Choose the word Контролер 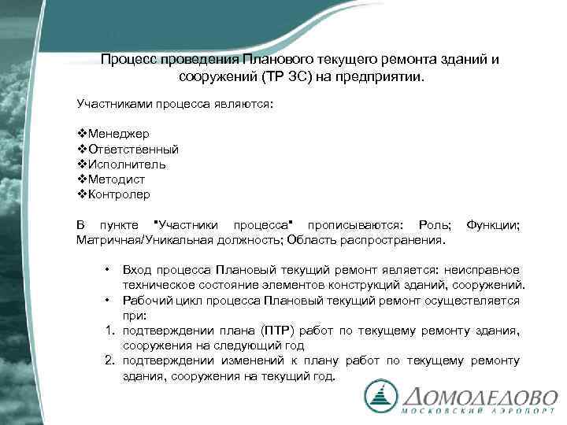(x=120, y=194)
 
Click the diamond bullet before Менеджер (x=82, y=134)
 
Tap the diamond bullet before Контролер (x=82, y=194)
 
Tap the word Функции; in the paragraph (x=493, y=225)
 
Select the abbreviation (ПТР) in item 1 (x=294, y=331)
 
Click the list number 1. (x=109, y=331)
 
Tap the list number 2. (x=109, y=360)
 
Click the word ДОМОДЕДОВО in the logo (x=480, y=397)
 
